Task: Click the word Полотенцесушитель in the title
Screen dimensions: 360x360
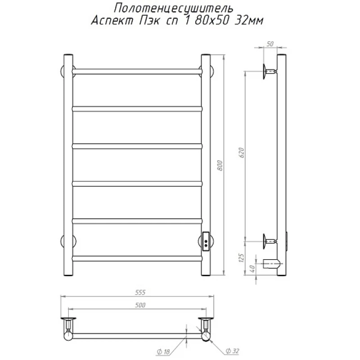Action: (174, 9)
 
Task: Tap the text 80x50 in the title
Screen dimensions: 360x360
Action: (212, 21)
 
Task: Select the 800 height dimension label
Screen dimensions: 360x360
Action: (220, 165)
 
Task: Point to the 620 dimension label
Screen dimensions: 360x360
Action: (242, 153)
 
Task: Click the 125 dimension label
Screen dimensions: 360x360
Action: (241, 258)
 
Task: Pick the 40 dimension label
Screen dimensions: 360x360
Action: (252, 268)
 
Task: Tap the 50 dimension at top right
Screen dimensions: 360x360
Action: (270, 44)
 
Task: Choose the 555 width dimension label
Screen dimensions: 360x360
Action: (140, 292)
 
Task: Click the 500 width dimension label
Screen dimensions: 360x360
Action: (140, 305)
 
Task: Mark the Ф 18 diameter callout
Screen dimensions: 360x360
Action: (163, 351)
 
